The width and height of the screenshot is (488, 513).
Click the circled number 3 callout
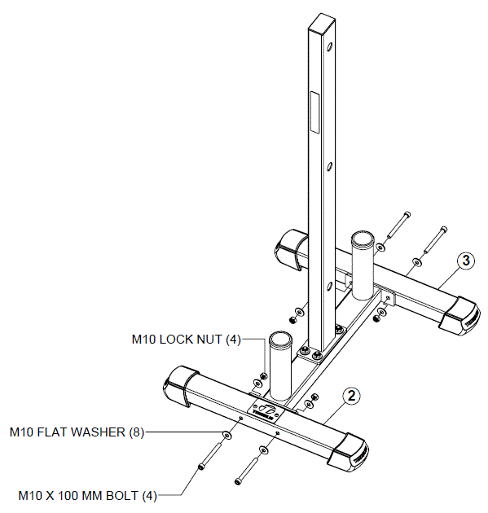pos(464,261)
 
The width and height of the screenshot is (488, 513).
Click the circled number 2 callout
pos(350,397)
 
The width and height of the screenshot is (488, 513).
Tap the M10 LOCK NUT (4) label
pos(187,339)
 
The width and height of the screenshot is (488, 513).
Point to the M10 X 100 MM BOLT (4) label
pos(88,495)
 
